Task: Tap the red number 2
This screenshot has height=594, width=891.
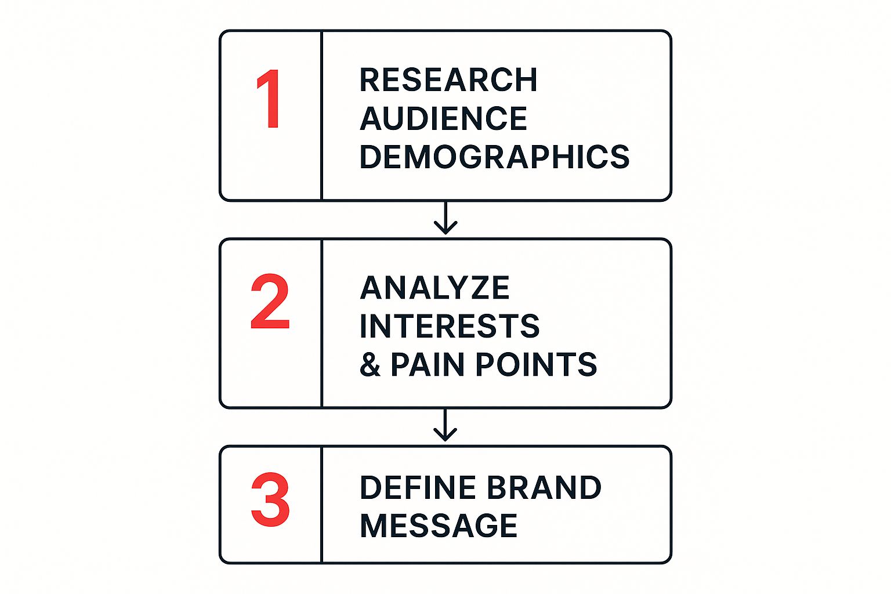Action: pos(270,302)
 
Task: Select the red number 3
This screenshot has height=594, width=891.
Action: pos(270,500)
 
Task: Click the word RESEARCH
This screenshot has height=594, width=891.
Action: pos(448,80)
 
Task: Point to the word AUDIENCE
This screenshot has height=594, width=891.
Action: pos(443,118)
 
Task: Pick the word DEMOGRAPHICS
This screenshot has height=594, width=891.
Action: pos(494,157)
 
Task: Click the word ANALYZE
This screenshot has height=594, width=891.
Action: pos(434,288)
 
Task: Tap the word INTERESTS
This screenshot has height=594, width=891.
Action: pos(450,326)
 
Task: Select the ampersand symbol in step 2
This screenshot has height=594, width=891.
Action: pos(370,365)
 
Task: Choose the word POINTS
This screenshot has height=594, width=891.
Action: pos(537,364)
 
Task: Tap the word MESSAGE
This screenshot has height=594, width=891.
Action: pos(439,526)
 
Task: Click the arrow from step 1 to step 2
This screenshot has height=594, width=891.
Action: pos(445,219)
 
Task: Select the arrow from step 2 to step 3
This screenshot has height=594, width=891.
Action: pos(445,426)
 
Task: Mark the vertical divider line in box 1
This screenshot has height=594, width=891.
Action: pos(321,116)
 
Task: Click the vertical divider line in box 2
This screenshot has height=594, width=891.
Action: pos(321,323)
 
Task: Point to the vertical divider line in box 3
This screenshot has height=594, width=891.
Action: pos(321,505)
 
